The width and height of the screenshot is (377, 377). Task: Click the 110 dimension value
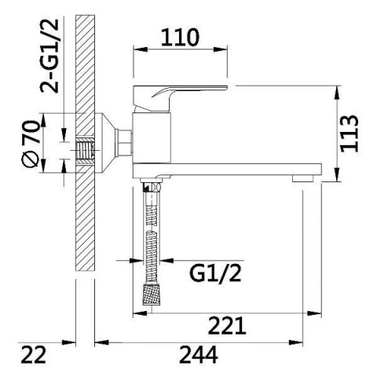point(180,38)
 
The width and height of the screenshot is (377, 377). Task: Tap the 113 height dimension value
point(350,134)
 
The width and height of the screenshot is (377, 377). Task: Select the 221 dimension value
point(227,325)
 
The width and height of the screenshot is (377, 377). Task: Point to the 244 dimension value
point(199,354)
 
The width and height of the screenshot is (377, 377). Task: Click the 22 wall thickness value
point(33,354)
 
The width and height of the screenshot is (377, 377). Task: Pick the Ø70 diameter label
point(31,144)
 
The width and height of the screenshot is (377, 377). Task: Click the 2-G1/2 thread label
point(49,56)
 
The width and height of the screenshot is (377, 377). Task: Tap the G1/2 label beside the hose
point(215,273)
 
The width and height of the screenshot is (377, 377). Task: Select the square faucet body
point(152,138)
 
